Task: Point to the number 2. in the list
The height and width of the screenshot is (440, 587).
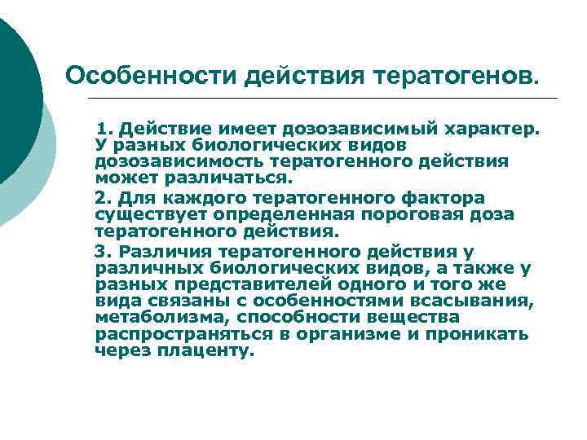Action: click(x=104, y=198)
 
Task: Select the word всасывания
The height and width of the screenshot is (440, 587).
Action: click(x=481, y=301)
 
